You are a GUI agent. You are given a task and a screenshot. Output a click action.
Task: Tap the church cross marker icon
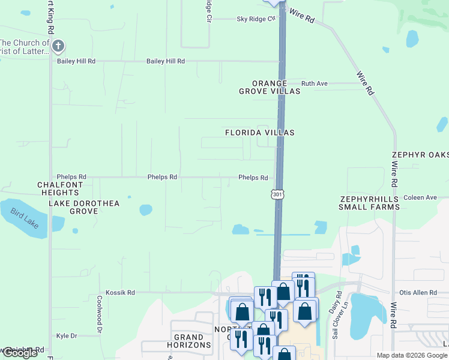pyautogui.click(x=58, y=46)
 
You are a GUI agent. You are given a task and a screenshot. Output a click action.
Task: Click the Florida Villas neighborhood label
pyautogui.click(x=259, y=132)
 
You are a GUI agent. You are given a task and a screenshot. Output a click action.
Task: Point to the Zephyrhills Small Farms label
pyautogui.click(x=369, y=203)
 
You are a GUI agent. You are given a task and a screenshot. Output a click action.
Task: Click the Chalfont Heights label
pyautogui.click(x=60, y=188)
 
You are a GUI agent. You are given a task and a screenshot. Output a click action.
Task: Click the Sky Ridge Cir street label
pyautogui.click(x=256, y=19)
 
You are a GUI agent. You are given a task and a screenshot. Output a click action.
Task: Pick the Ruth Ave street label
pyautogui.click(x=314, y=83)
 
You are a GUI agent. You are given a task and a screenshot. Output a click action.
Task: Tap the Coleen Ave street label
pyautogui.click(x=420, y=197)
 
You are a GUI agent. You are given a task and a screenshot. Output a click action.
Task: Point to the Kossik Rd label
pyautogui.click(x=120, y=292)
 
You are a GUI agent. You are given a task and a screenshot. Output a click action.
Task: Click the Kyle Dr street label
pyautogui.click(x=67, y=336)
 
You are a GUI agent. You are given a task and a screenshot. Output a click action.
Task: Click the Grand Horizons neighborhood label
pyautogui.click(x=192, y=341)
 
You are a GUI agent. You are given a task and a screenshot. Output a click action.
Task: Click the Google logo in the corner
pyautogui.click(x=20, y=353)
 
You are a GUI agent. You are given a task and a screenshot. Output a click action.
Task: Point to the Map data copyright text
pyautogui.click(x=412, y=355)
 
